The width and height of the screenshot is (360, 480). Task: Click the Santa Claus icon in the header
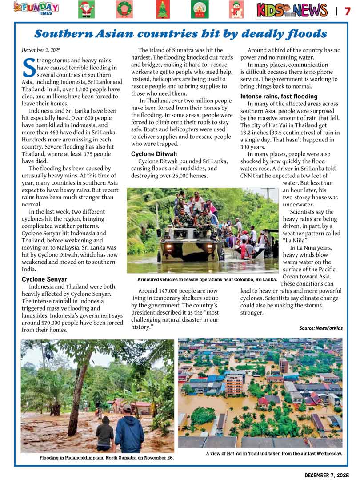point(86,9)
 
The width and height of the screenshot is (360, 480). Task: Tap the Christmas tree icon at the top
point(163,9)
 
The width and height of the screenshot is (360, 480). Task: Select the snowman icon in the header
point(236,9)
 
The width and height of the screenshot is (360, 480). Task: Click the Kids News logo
point(292,10)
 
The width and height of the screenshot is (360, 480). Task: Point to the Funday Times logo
point(36,8)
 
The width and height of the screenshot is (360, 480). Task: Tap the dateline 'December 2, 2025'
point(41,50)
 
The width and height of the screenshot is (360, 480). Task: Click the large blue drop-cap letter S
point(29,67)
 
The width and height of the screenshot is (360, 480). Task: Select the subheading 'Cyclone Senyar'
point(44,279)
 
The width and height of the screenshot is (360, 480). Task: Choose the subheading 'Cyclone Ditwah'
point(154,154)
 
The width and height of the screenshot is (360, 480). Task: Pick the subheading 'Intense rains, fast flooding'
point(279,97)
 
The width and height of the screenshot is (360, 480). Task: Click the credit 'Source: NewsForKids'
point(321,328)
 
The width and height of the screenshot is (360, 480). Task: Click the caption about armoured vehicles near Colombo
point(207,279)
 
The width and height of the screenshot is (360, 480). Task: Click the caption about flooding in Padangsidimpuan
point(107,457)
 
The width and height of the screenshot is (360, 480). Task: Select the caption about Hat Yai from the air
point(274,454)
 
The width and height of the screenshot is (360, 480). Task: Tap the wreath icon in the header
point(124,9)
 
